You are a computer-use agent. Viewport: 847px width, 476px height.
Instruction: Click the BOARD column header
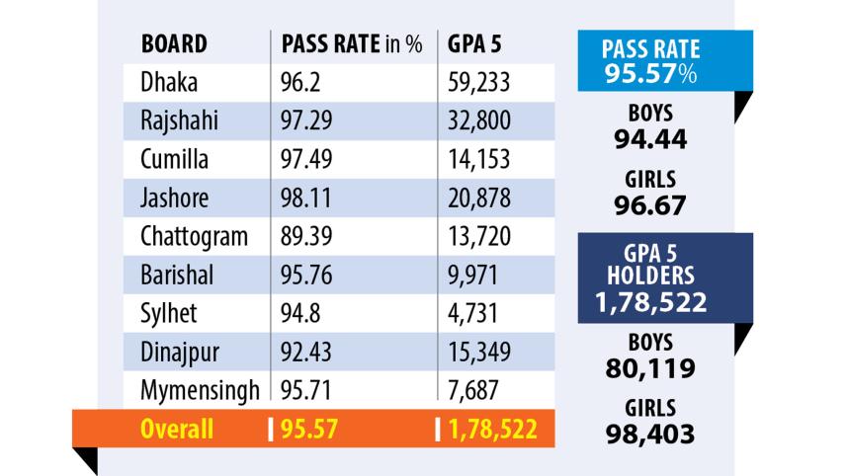(174, 43)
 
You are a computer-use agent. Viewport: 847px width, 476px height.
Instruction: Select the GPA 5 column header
(475, 43)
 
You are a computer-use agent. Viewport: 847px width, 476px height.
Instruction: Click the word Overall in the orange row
(176, 430)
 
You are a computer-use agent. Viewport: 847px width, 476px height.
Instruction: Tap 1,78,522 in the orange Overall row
(490, 430)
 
